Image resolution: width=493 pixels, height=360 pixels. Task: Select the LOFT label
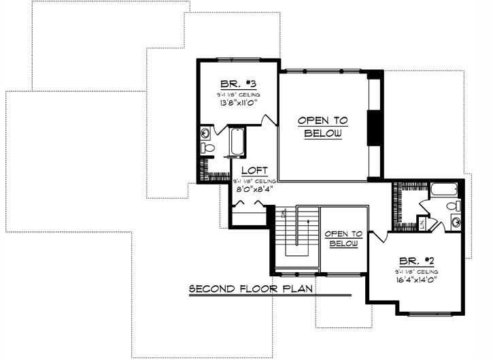tap(254, 170)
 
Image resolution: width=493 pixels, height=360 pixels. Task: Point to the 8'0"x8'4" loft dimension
tap(254, 191)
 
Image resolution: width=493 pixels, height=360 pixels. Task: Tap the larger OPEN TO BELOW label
tap(323, 127)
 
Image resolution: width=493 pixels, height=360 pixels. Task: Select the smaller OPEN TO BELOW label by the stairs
tap(343, 238)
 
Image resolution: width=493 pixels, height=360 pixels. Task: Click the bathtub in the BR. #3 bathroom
tap(237, 142)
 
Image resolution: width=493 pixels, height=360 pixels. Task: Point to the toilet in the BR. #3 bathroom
tap(208, 148)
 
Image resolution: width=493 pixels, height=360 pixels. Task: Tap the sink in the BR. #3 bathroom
tap(205, 133)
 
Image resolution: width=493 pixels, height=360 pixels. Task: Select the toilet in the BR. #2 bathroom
tap(452, 207)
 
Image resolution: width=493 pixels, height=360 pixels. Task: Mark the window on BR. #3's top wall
tap(237, 59)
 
